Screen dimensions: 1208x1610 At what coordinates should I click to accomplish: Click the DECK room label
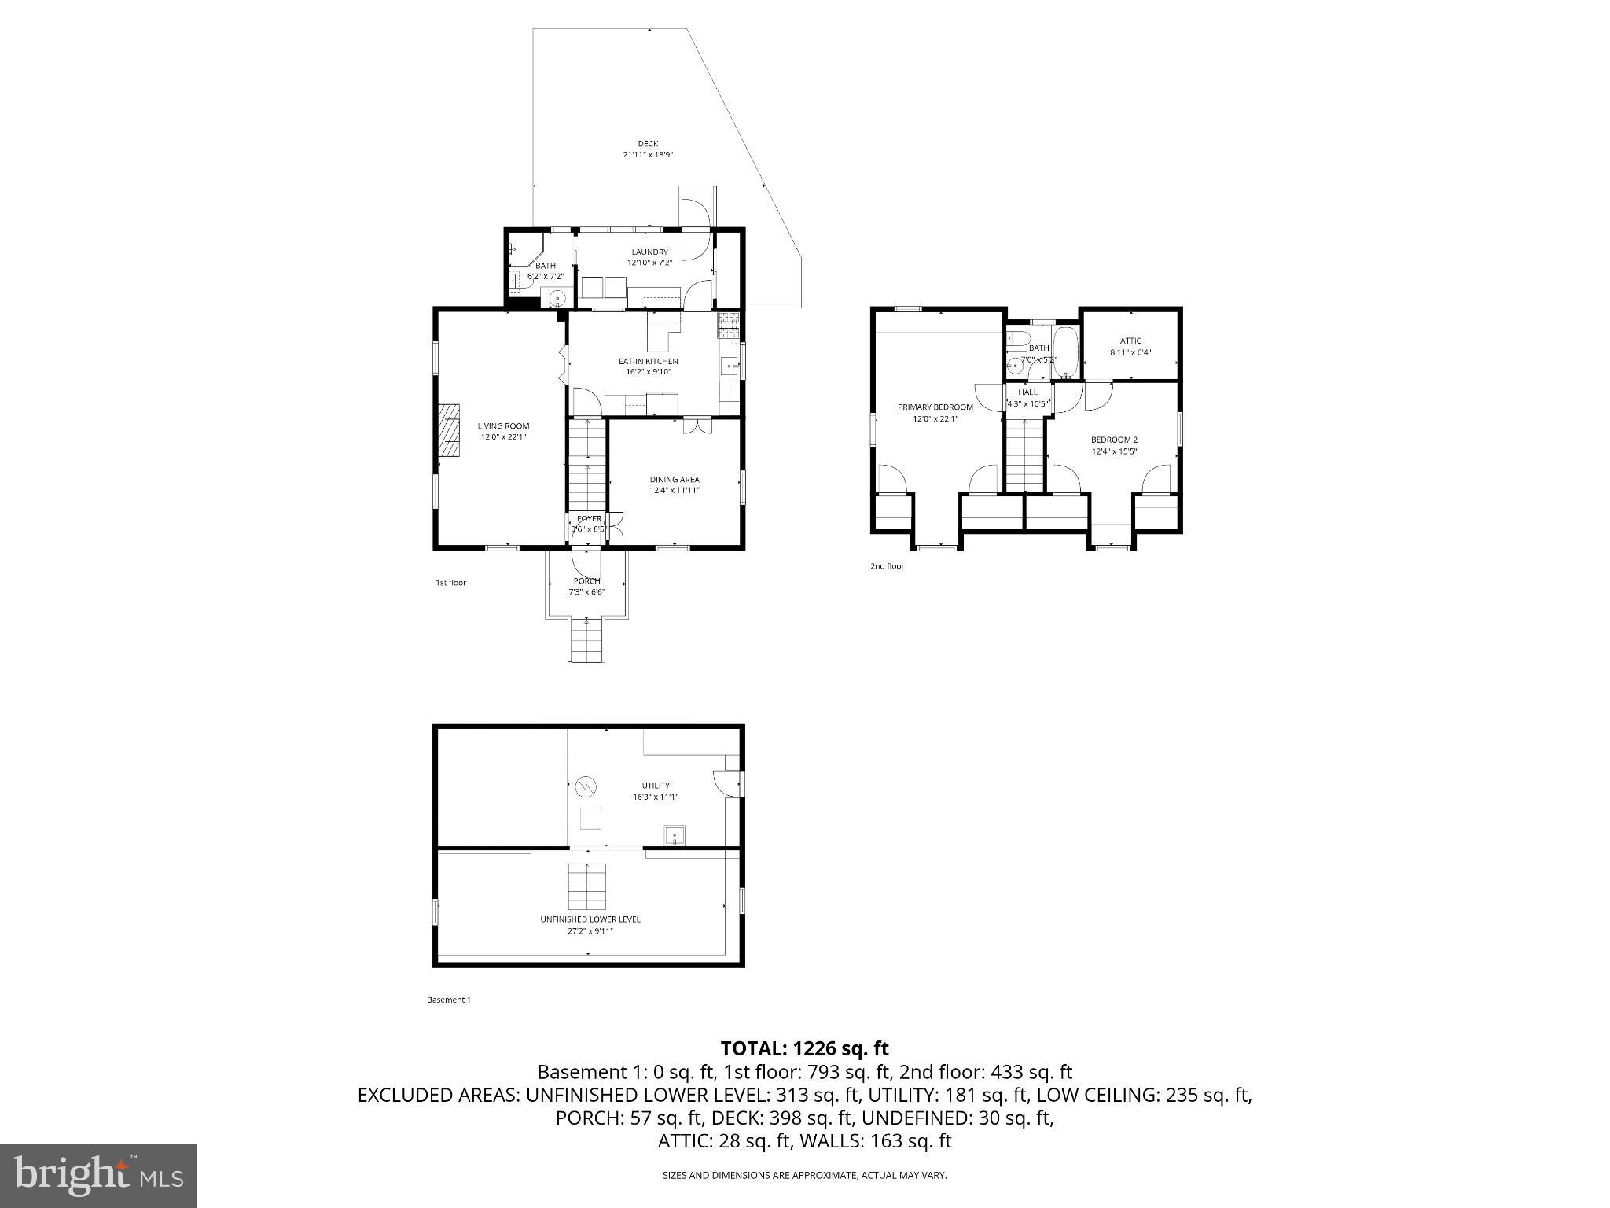[x=648, y=144]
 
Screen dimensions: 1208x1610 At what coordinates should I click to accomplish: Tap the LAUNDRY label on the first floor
[x=649, y=252]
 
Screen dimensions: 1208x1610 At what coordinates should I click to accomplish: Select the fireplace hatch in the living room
[x=449, y=430]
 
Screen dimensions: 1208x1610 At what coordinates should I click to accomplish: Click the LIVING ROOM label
[x=503, y=426]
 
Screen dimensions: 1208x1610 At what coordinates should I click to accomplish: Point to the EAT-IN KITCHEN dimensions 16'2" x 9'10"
[x=648, y=372]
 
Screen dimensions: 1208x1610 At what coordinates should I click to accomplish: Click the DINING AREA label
[x=674, y=480]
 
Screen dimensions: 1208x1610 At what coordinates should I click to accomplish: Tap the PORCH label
[x=586, y=581]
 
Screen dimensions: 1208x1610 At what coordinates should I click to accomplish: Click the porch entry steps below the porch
[x=587, y=640]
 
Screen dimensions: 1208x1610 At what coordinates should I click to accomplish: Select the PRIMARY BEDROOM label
[x=935, y=407]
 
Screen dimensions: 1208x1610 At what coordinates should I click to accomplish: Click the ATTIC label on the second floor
[x=1130, y=341]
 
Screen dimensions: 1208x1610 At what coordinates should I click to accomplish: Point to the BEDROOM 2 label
[x=1114, y=440]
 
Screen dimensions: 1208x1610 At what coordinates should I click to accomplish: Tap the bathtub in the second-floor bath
[x=1065, y=354]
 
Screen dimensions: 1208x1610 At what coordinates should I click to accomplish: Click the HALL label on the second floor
[x=1027, y=392]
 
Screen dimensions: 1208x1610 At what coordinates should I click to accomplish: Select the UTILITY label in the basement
[x=656, y=786]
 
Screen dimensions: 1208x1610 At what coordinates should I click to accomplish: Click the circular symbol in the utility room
[x=586, y=786]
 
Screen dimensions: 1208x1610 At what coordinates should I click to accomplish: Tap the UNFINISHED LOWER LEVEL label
[x=590, y=919]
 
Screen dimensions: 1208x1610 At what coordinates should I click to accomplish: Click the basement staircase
[x=587, y=886]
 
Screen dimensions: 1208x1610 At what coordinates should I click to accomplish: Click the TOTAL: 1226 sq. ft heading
[x=804, y=1048]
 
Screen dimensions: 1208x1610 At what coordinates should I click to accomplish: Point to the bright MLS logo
[x=97, y=1175]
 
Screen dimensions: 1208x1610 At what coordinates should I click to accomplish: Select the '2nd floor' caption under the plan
[x=887, y=566]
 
